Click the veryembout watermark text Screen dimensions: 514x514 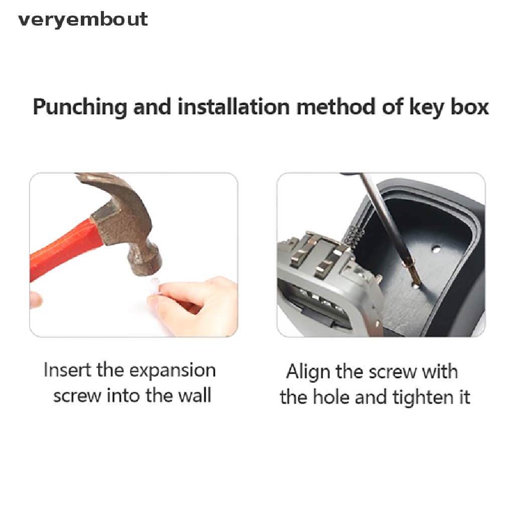(83, 20)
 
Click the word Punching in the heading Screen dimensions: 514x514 (80, 107)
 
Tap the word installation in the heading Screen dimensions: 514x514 (233, 107)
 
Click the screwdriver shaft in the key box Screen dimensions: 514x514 (381, 217)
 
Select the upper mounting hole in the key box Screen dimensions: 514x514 (436, 249)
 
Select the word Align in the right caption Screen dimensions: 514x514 (308, 373)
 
